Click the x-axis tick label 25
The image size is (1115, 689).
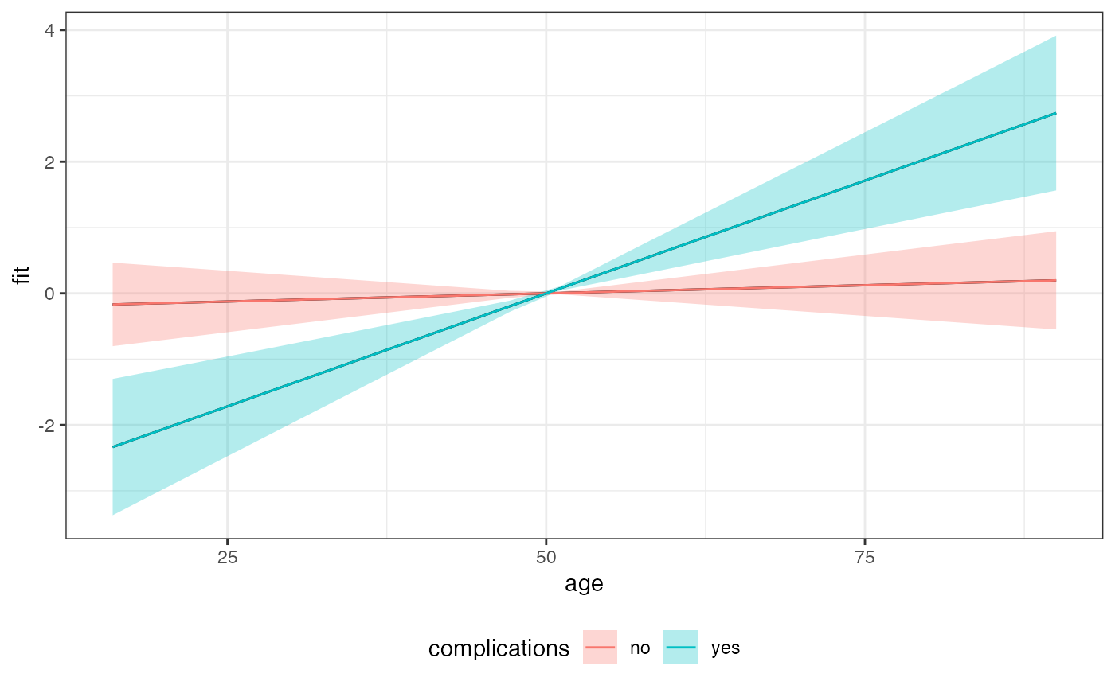click(227, 558)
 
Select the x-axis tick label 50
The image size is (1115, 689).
click(546, 558)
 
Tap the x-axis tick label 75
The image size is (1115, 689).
click(865, 558)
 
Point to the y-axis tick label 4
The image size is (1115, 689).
click(49, 30)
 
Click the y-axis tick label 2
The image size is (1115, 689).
click(49, 162)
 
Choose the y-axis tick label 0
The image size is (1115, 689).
click(49, 294)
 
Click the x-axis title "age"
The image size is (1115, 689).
click(584, 585)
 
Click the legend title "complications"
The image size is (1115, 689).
click(499, 648)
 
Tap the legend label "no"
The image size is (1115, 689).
click(640, 648)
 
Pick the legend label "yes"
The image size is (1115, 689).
click(726, 648)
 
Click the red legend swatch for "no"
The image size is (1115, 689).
click(601, 648)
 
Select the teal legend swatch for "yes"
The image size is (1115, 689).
click(681, 648)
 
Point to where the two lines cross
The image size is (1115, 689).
click(546, 294)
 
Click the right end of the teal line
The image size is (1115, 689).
click(1056, 113)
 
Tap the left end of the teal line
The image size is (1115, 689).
click(113, 447)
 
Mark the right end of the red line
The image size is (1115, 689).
click(1056, 280)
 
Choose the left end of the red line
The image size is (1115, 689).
click(113, 304)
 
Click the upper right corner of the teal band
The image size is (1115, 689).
click(1055, 37)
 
